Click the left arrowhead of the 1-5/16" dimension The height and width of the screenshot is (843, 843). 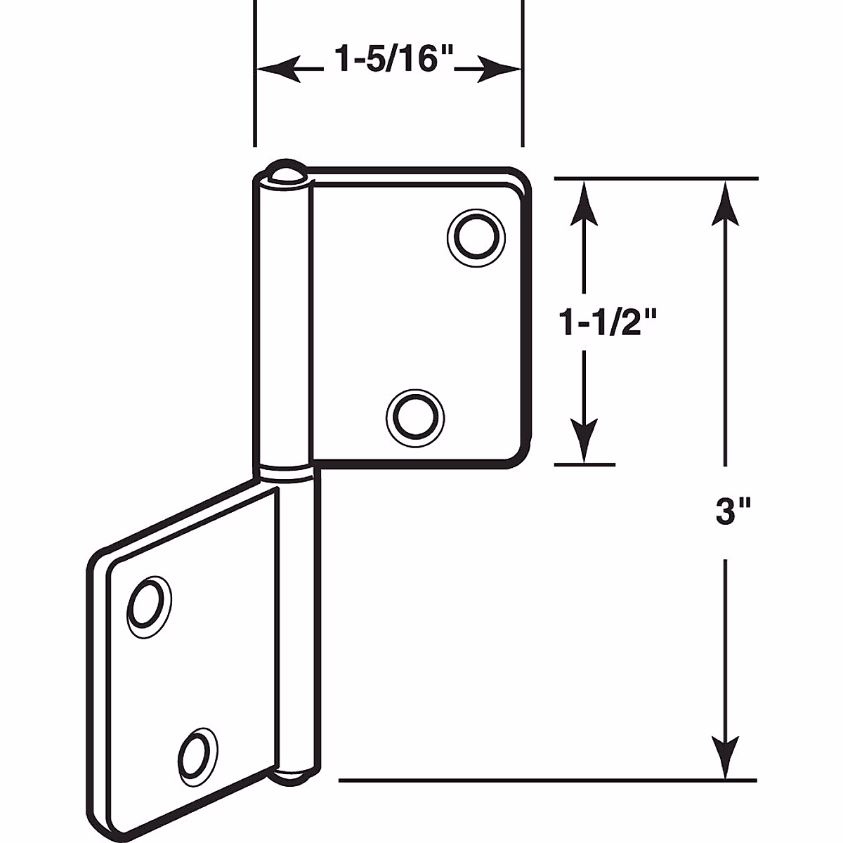(270, 70)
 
